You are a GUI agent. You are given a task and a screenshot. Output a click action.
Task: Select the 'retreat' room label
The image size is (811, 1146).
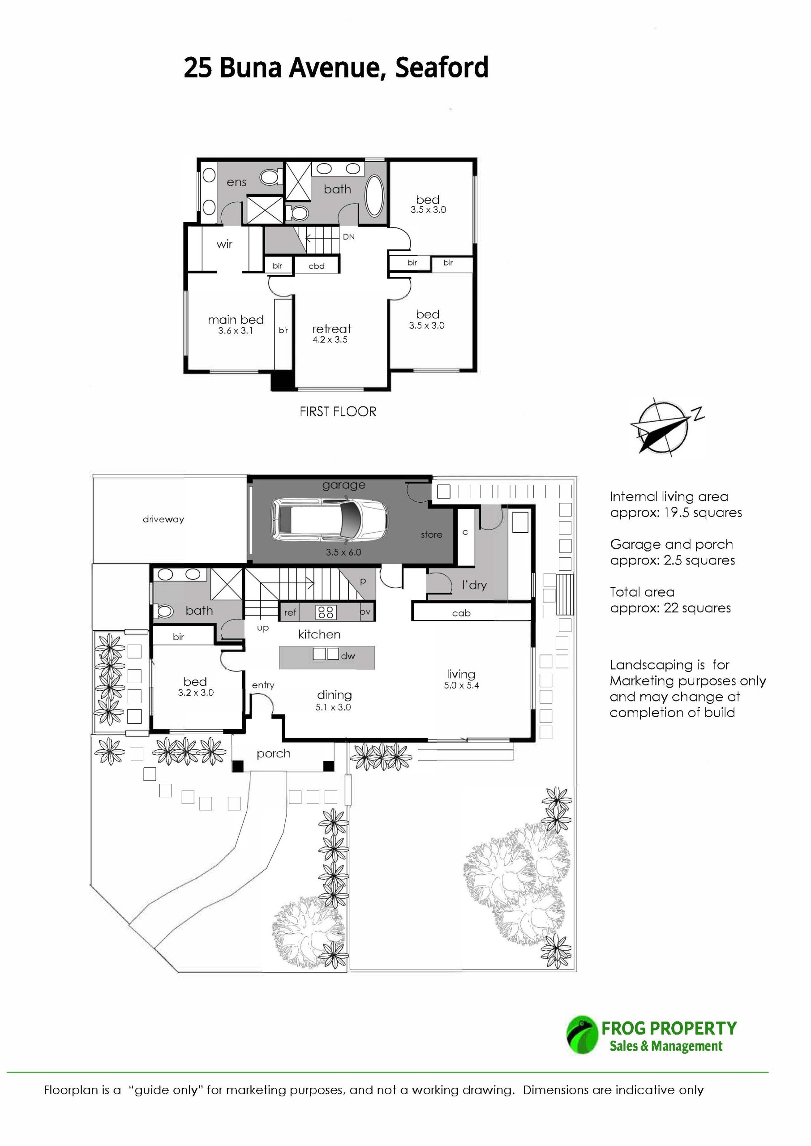(x=331, y=329)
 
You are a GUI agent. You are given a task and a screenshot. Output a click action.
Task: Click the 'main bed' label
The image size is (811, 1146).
(x=236, y=320)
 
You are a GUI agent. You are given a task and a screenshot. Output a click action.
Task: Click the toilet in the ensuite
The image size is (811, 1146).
(x=271, y=177)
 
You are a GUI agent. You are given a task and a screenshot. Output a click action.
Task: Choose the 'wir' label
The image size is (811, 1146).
(x=224, y=244)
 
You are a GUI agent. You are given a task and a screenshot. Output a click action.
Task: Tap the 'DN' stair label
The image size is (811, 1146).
(x=348, y=237)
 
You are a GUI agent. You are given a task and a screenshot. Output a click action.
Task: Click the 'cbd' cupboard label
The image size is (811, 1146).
(x=317, y=266)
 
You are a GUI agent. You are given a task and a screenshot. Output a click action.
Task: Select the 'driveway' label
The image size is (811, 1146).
(x=163, y=519)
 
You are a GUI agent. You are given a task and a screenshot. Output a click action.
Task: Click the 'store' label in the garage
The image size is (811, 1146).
(x=431, y=535)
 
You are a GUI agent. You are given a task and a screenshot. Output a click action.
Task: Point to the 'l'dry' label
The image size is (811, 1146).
(x=474, y=585)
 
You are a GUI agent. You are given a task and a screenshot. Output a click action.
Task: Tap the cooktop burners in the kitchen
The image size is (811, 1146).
(x=326, y=611)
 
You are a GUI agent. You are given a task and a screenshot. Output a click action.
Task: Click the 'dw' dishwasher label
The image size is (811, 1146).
(x=348, y=656)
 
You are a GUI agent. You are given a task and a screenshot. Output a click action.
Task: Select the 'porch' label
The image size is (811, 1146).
(x=273, y=754)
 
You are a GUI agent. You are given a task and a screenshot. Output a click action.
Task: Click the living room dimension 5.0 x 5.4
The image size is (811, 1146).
(x=461, y=686)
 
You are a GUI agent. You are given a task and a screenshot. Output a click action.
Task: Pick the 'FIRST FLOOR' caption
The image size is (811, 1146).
(x=338, y=411)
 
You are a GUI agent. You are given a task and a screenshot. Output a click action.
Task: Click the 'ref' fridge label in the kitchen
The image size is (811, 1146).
(x=290, y=612)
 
